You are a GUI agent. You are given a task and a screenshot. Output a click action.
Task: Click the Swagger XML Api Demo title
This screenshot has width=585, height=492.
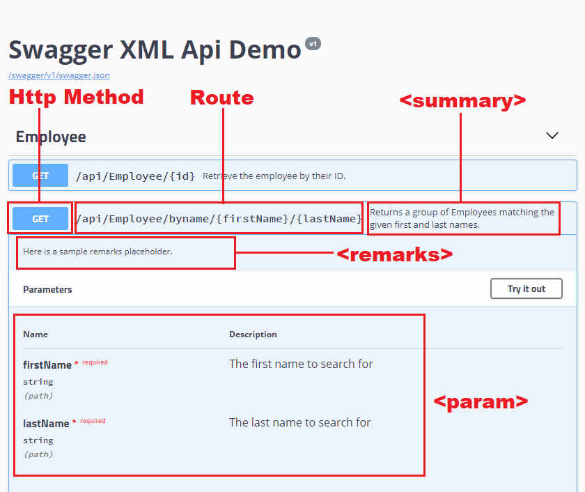click(155, 50)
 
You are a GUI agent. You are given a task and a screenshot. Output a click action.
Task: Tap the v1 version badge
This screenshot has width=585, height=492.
click(313, 43)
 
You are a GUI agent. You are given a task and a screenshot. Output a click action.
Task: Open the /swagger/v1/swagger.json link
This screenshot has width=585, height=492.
click(58, 75)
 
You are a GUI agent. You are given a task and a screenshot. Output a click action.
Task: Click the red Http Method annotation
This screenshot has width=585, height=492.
click(76, 97)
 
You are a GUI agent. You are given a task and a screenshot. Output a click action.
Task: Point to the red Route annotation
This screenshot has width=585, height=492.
click(221, 98)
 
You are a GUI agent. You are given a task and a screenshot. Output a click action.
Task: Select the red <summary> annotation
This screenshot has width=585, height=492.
click(462, 101)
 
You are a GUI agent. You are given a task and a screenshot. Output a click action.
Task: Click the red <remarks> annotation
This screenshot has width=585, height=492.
click(394, 254)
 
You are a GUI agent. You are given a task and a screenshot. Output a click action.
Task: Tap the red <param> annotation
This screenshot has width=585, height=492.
click(481, 401)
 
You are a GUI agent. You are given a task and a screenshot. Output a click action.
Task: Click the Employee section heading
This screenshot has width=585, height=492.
click(51, 137)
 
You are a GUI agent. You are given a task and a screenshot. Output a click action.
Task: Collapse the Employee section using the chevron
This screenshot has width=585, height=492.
click(552, 136)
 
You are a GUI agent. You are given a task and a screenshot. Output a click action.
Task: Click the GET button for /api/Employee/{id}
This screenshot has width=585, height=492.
click(40, 176)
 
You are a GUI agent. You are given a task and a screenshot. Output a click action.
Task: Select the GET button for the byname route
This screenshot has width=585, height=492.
click(40, 219)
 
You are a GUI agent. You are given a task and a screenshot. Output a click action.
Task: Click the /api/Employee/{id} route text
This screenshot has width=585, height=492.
click(135, 176)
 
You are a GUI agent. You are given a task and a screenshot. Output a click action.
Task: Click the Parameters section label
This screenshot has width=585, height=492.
click(47, 289)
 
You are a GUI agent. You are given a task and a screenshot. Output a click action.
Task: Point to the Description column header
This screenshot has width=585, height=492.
click(253, 335)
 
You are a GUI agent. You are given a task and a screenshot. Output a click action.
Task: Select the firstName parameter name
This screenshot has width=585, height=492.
click(47, 365)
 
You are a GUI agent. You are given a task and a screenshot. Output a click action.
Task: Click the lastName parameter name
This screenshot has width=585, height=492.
click(46, 424)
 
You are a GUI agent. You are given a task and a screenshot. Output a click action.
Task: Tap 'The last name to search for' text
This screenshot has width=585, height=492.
click(299, 422)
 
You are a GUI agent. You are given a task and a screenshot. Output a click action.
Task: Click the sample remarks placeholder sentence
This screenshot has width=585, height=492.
click(97, 252)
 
